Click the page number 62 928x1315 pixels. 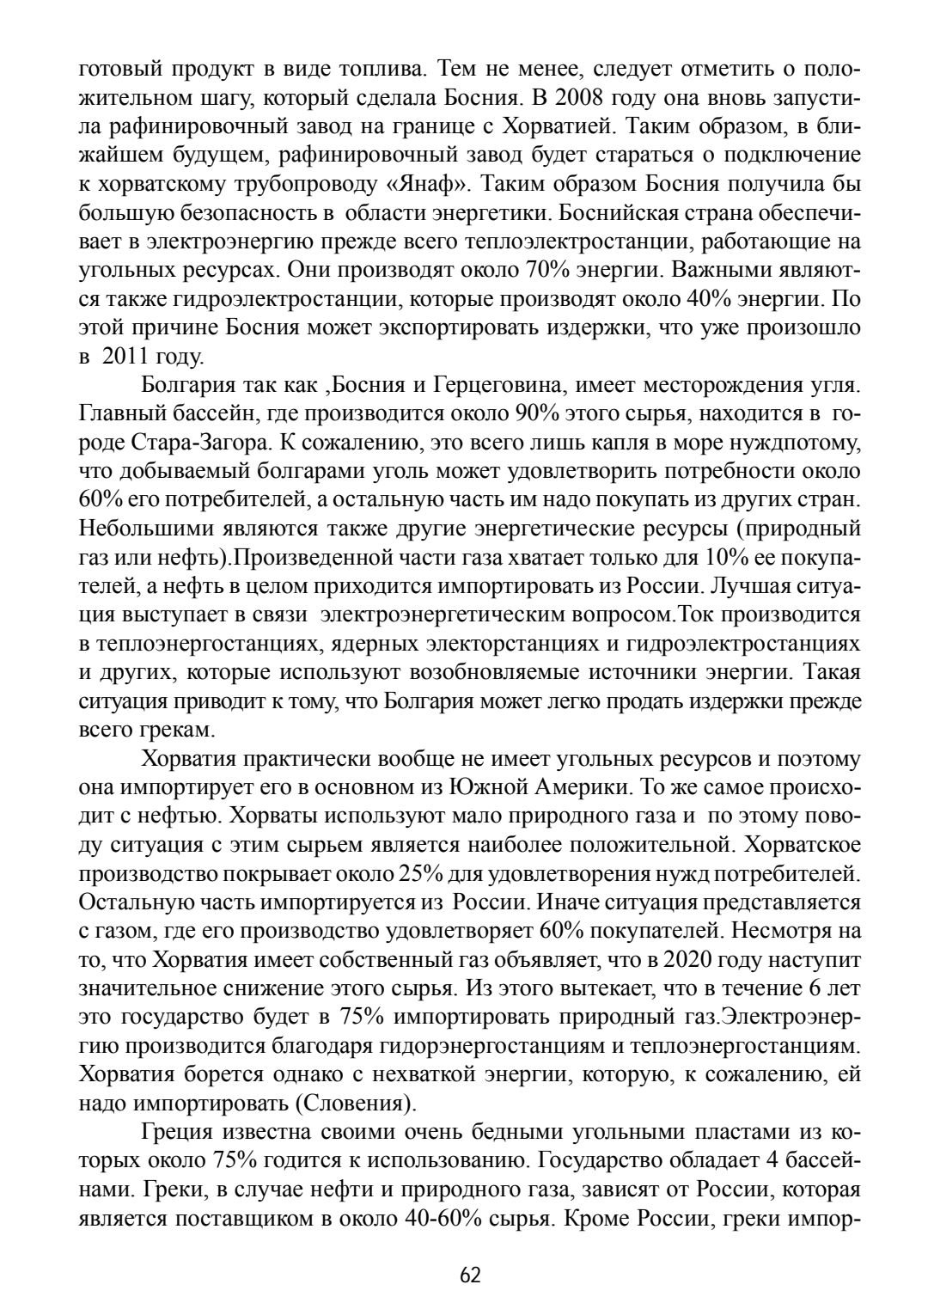click(470, 1275)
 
